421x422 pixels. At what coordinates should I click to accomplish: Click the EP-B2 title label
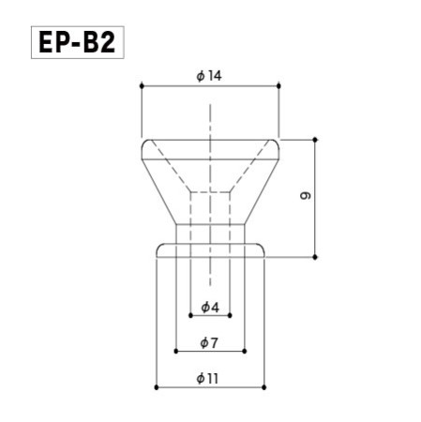[78, 43]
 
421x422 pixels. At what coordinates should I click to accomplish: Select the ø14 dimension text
[210, 76]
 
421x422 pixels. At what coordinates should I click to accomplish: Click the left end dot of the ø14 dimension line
[142, 86]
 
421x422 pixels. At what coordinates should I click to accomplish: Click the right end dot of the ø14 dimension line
[279, 86]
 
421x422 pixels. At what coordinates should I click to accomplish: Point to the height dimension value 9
[306, 197]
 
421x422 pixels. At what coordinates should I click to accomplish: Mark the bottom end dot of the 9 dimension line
[316, 256]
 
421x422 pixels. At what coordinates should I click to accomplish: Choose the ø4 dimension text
[210, 308]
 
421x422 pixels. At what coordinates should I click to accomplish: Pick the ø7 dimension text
[210, 342]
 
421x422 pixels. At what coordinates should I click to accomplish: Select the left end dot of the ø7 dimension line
[176, 351]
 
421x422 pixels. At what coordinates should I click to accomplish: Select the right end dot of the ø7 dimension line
[245, 351]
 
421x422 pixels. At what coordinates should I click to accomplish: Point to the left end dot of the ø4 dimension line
[190, 316]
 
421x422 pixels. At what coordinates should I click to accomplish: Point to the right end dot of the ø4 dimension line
[230, 316]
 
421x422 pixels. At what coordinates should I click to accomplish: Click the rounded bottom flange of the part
[210, 249]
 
